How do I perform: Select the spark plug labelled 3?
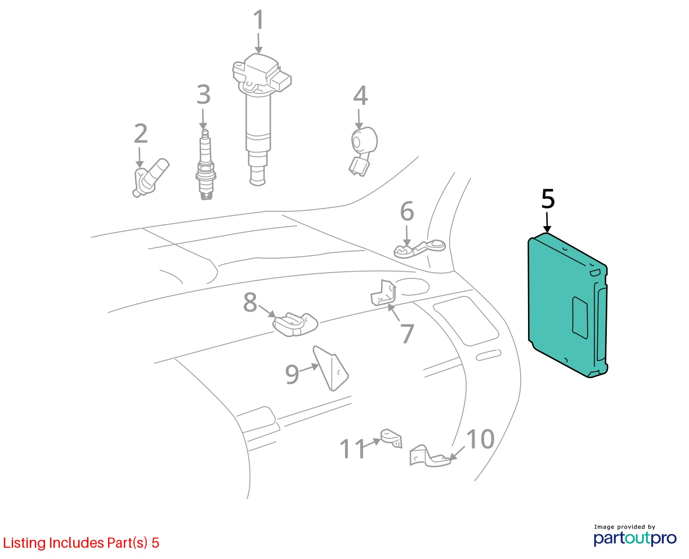205,165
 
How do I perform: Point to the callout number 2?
141,134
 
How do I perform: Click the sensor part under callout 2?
149,178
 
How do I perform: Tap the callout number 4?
360,96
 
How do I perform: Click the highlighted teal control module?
568,305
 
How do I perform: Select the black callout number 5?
548,199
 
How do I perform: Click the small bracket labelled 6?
419,249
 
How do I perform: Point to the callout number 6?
406,211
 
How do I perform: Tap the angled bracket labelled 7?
383,293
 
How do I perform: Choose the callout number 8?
250,303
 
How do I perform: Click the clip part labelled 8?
296,324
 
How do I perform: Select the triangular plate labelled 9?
330,369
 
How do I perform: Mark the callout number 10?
480,439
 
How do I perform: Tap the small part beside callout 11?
391,438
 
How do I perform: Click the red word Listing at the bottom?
24,543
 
